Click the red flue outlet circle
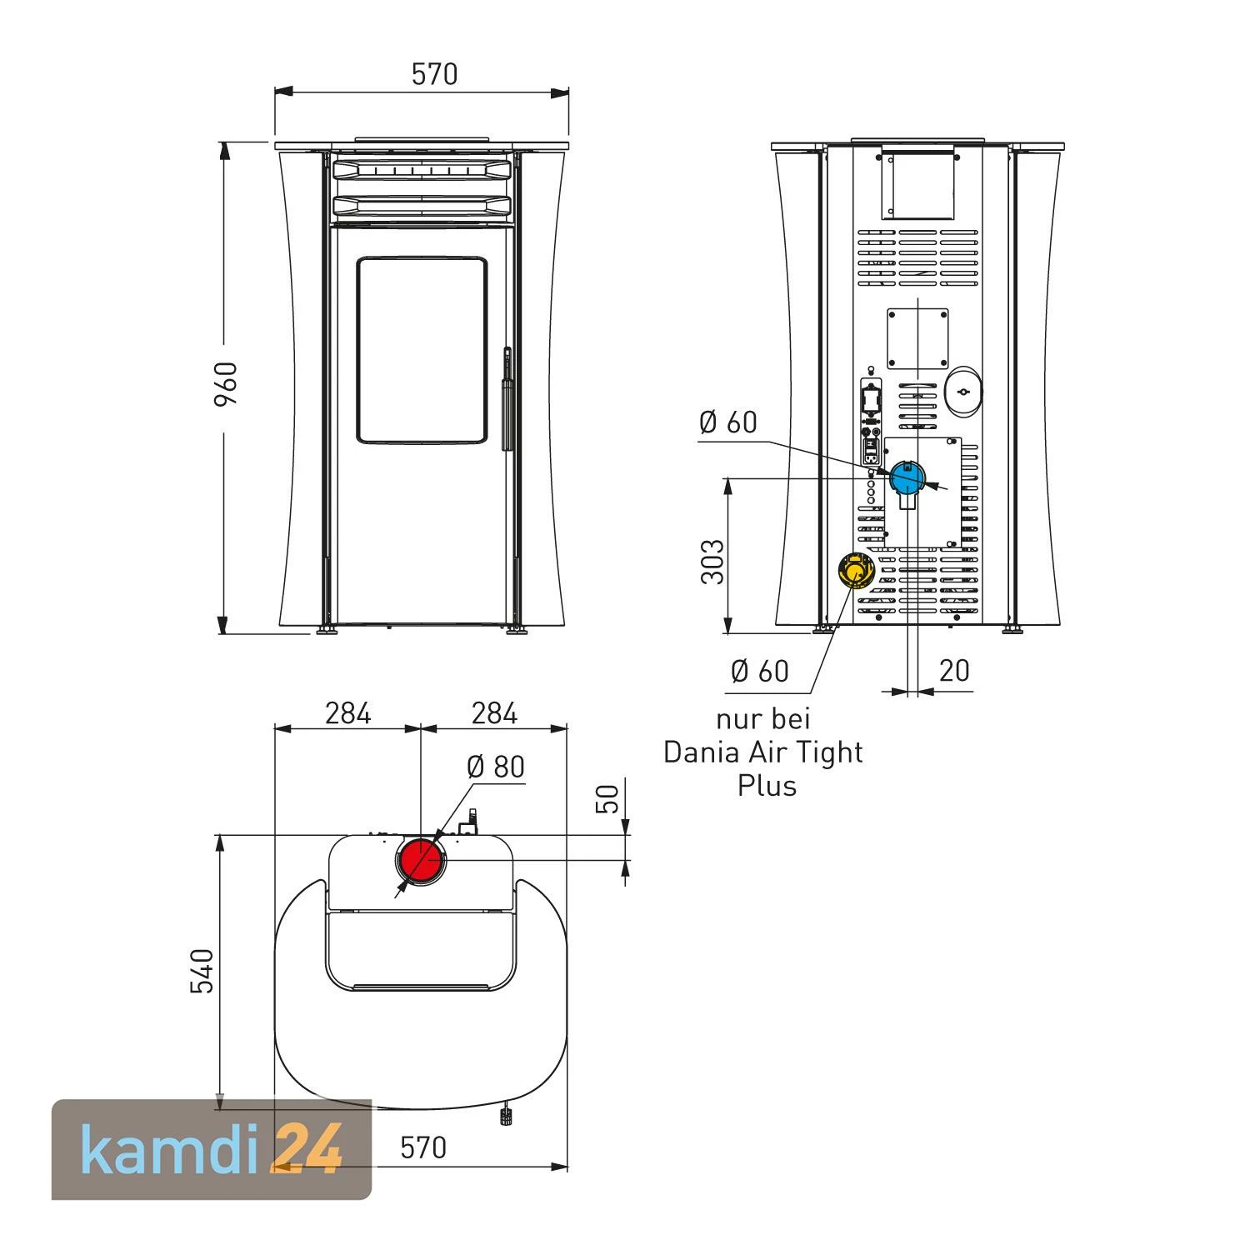[422, 862]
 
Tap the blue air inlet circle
[907, 478]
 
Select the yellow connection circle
[855, 571]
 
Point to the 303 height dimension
[712, 562]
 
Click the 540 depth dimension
[202, 971]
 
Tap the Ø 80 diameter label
[496, 767]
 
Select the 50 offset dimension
[610, 798]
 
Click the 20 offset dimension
[954, 670]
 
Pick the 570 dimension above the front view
[434, 75]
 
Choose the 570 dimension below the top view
[423, 1147]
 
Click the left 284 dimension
[347, 713]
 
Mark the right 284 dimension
[494, 713]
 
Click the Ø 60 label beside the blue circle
[728, 422]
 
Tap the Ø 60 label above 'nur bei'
[759, 671]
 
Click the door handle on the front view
[506, 400]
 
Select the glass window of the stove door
[422, 350]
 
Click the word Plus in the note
[767, 786]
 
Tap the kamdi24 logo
[212, 1149]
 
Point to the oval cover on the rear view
[962, 391]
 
